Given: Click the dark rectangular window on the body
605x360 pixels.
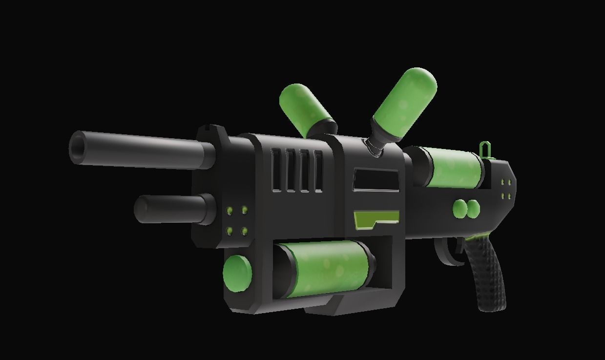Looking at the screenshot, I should tap(376, 179).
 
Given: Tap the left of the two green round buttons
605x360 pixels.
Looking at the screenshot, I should tap(460, 209).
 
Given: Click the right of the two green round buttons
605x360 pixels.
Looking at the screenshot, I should tap(473, 209).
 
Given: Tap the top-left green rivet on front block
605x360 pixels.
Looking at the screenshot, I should tap(229, 210).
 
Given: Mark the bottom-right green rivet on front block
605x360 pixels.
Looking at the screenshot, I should tap(244, 231).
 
